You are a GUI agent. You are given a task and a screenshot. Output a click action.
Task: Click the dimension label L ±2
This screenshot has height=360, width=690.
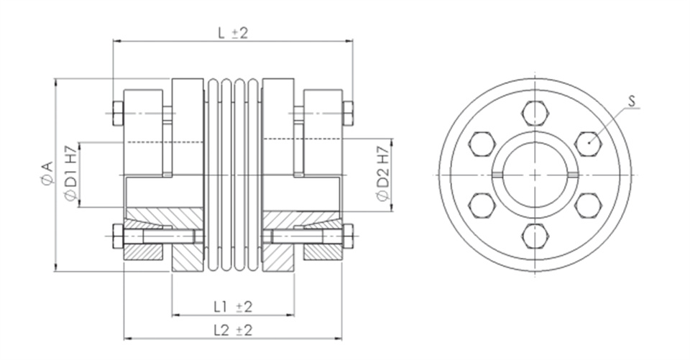233,32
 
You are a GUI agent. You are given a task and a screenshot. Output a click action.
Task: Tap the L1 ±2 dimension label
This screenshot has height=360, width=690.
233,306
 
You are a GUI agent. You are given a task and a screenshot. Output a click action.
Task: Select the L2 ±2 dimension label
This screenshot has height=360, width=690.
233,330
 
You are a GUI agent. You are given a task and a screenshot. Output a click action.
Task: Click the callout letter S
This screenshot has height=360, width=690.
632,101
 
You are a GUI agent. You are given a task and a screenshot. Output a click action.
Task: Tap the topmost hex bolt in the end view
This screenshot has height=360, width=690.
535,114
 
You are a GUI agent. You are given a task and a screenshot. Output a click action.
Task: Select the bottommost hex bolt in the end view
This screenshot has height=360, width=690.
535,236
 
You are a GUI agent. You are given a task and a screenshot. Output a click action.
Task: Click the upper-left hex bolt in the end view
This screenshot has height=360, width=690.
482,144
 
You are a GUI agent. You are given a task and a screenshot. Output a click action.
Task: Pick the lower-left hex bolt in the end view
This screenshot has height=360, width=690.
482,206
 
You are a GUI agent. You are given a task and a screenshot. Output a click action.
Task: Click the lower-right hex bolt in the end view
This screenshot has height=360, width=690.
589,206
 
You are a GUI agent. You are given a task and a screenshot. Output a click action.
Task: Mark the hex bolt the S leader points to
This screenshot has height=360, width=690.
589,144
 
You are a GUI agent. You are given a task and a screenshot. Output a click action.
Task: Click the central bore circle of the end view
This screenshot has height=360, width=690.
535,143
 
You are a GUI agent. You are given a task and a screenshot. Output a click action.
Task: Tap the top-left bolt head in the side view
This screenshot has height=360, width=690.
118,114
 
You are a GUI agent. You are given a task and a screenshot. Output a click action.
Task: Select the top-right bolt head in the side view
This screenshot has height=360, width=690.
348,114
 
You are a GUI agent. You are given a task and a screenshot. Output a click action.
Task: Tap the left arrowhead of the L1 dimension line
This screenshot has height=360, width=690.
175,315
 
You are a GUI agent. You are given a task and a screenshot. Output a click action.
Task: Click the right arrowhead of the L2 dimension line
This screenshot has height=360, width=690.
338,339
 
